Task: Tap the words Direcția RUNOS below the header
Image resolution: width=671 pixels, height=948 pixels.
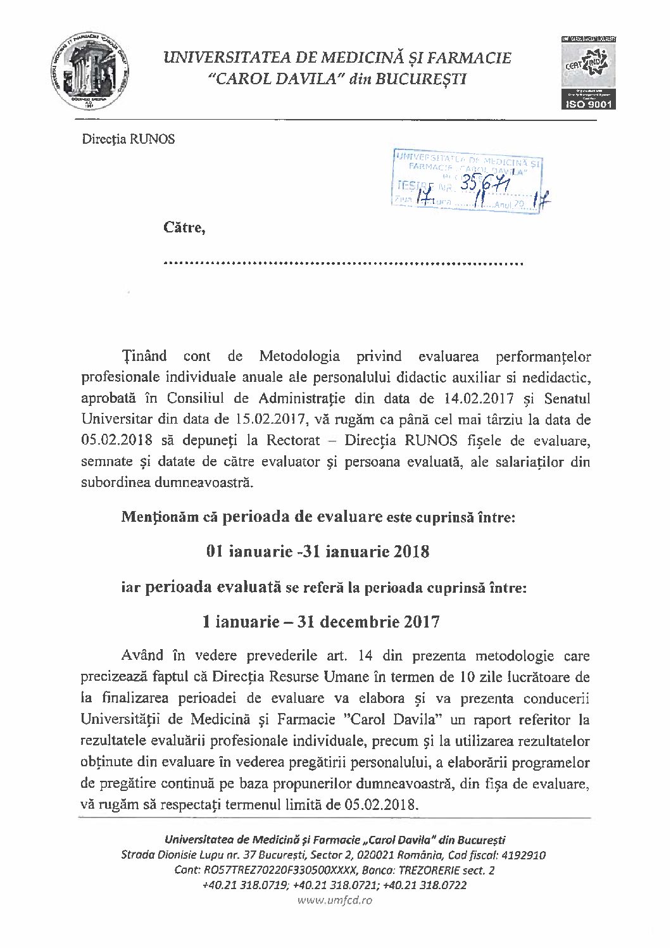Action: tap(128, 139)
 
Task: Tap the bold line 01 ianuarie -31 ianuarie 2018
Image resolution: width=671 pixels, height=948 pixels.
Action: tap(318, 552)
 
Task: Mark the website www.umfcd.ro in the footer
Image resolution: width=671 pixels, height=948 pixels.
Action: tap(334, 900)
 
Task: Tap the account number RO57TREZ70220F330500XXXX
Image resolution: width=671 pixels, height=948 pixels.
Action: tap(278, 870)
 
